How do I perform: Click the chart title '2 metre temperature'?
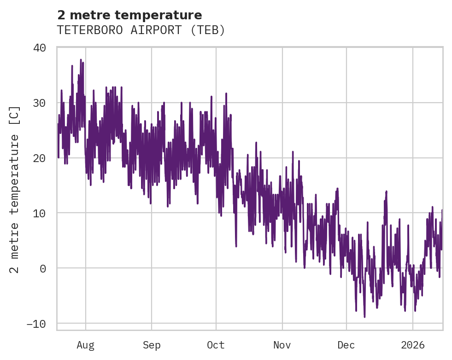(x=129, y=15)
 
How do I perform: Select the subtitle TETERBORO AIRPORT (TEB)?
(x=141, y=30)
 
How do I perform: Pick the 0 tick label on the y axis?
(x=43, y=268)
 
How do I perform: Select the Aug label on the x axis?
(x=85, y=345)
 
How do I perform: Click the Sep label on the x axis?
(x=151, y=345)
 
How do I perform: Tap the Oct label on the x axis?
(x=216, y=345)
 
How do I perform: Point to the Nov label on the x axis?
(x=282, y=345)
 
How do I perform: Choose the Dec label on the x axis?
(x=346, y=345)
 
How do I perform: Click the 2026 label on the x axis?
(x=412, y=345)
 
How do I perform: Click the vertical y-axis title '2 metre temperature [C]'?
(x=15, y=190)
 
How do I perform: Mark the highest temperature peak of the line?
(x=81, y=60)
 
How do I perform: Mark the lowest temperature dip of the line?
(x=364, y=317)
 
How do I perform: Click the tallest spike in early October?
(x=226, y=93)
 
